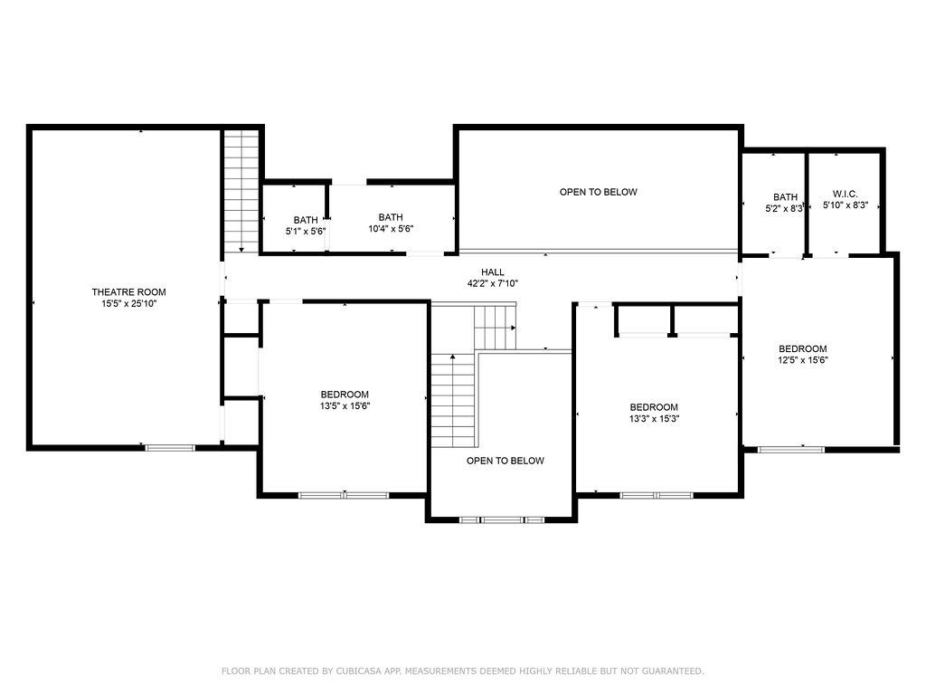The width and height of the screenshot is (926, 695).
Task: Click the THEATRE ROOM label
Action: pos(128,292)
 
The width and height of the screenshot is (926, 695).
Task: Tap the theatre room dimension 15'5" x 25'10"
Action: pos(128,304)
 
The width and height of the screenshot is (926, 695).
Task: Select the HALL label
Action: pos(493,271)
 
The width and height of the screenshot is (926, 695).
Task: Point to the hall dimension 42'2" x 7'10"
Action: pos(493,283)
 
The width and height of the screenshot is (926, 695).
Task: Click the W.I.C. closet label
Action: pos(846,194)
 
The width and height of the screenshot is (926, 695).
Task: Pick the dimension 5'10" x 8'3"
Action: pos(846,205)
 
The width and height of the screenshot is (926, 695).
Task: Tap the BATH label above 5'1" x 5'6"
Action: pos(306,220)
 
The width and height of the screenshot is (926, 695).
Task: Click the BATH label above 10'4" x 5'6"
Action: pos(391,217)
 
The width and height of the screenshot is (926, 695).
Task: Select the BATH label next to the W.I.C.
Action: pos(786,196)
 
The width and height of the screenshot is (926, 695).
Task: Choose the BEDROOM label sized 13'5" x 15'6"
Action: pos(345,395)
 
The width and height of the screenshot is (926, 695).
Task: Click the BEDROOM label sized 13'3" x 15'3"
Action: pos(654,407)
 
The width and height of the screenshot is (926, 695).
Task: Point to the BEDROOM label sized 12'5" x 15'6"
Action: pos(803,348)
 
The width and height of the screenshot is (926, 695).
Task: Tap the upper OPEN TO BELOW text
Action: pos(599,192)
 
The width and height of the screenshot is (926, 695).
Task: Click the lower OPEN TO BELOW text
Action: pos(505,461)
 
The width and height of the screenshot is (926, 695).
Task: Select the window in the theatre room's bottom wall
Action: pos(170,448)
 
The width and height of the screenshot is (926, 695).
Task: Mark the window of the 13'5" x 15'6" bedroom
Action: pos(344,495)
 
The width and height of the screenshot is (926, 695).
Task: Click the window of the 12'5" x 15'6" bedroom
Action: pos(790,450)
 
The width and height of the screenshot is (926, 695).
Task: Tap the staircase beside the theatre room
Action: pos(241,192)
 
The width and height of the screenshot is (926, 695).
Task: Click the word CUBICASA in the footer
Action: pos(360,671)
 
